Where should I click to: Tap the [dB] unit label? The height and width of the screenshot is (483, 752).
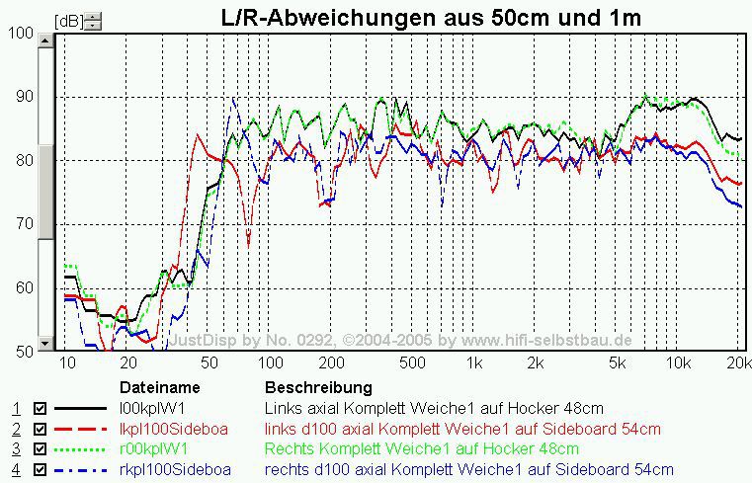[x=68, y=20]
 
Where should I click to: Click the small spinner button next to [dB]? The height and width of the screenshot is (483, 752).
[x=92, y=20]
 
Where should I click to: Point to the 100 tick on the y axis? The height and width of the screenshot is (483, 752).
[x=20, y=34]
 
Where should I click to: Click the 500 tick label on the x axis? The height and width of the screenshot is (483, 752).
[x=413, y=363]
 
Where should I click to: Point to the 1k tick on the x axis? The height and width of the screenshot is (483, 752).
[x=474, y=363]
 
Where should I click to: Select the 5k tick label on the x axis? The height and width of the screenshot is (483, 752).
[x=617, y=363]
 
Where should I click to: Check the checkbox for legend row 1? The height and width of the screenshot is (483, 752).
[x=41, y=408]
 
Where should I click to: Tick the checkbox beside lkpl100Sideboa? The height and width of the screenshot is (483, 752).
[x=41, y=429]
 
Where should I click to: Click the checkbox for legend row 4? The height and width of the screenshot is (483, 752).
[x=41, y=470]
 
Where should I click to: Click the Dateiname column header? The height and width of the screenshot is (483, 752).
[x=160, y=387]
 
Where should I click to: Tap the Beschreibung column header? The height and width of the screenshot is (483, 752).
[x=318, y=387]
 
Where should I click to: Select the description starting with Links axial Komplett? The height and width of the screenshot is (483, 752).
[x=434, y=408]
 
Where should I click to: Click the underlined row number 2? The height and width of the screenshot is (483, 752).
[x=15, y=429]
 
